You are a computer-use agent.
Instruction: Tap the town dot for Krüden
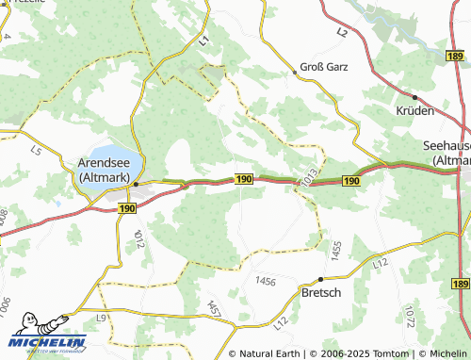point(414,97)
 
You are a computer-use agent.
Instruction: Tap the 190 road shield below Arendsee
point(127,207)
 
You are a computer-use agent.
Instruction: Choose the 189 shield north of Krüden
point(459,57)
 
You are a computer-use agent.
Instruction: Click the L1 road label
point(204,39)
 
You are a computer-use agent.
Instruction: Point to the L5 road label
point(37,150)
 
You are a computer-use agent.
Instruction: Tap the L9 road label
point(101,319)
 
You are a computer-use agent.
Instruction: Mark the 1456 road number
point(266,281)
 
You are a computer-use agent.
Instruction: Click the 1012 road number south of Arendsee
point(138,237)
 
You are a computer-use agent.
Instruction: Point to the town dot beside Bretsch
point(320,279)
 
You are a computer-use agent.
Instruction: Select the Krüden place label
point(414,110)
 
